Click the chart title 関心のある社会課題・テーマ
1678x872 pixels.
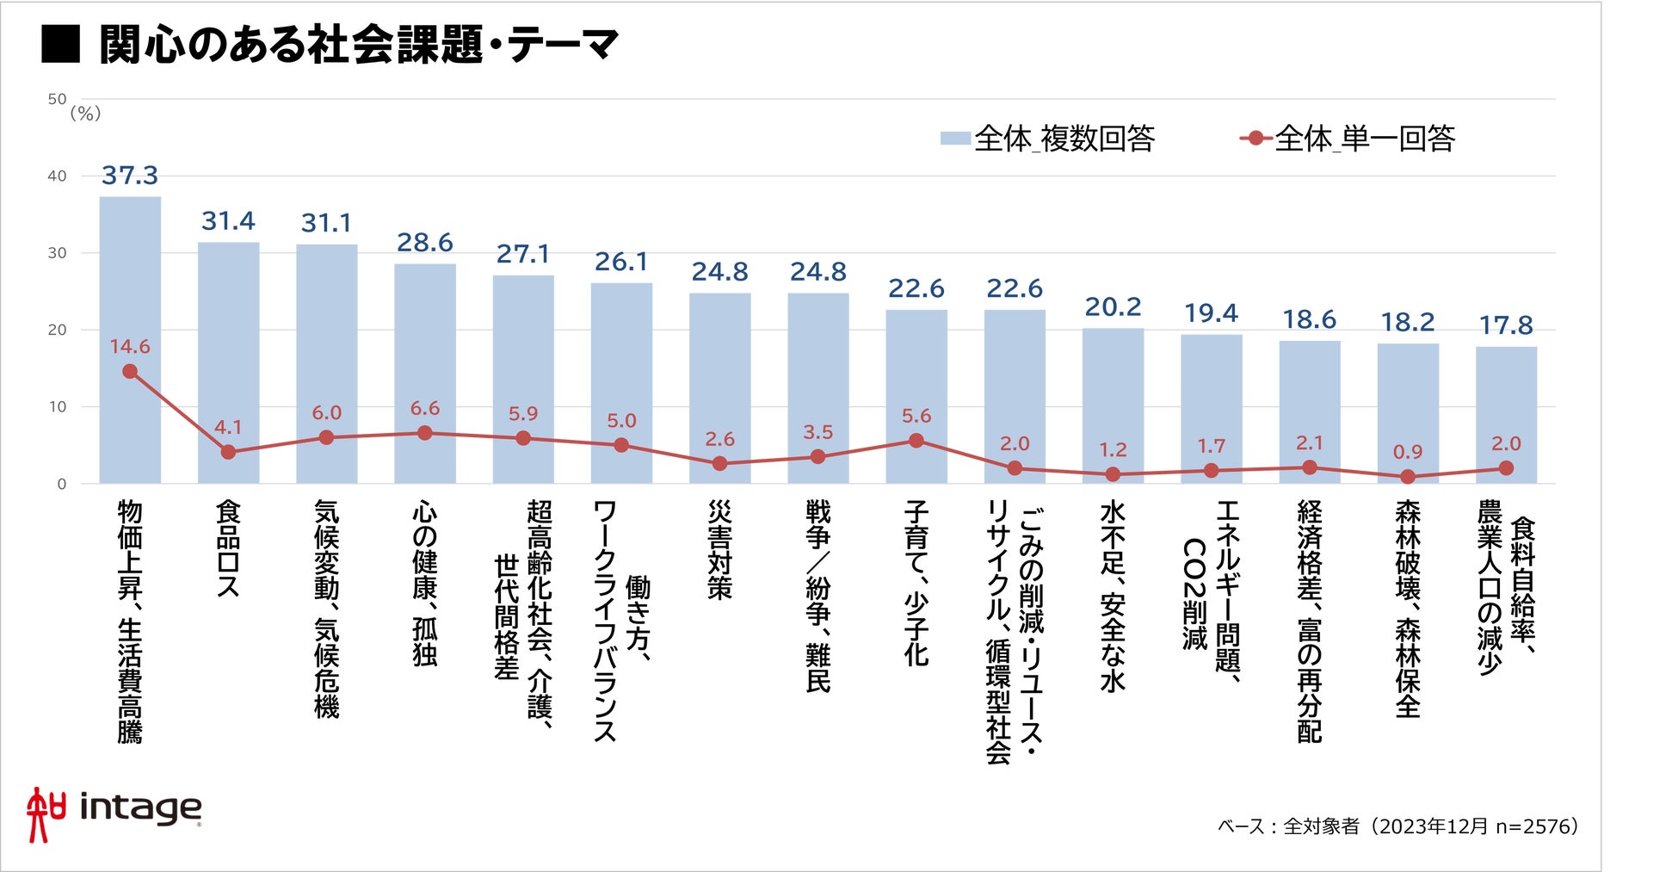[358, 45]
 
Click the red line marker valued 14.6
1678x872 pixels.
[130, 372]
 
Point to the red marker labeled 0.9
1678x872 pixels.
[1408, 476]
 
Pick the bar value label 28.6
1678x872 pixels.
[424, 243]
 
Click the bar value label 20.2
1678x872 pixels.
[1113, 307]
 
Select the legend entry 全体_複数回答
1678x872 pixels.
[1048, 138]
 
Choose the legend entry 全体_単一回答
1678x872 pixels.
[1348, 138]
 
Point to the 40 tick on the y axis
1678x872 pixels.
[57, 176]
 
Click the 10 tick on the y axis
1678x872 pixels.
[57, 407]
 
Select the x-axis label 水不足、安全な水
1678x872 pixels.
[1113, 596]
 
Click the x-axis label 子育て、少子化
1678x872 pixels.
[916, 583]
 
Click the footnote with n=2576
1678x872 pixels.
[1398, 826]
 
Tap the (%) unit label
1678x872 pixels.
[85, 114]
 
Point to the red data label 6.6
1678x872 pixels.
[424, 408]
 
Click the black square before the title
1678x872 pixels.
[60, 45]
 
